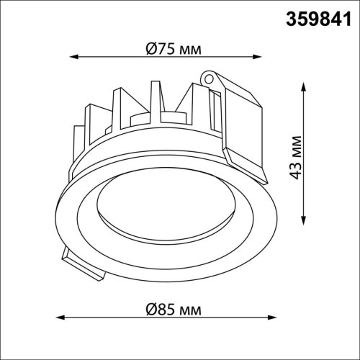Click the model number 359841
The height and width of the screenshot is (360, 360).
tap(315, 16)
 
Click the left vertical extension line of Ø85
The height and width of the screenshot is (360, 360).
tap(56, 288)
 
